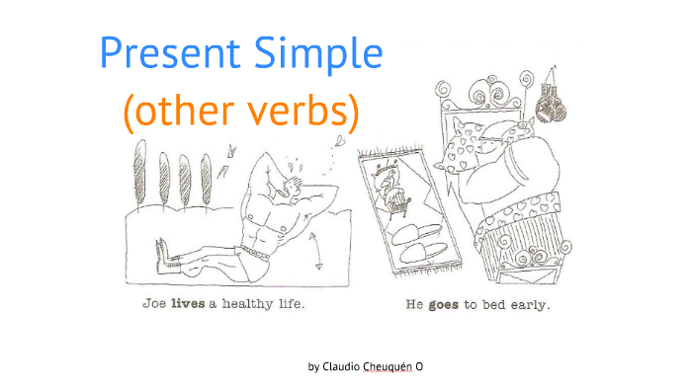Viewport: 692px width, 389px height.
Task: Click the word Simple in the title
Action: (320, 54)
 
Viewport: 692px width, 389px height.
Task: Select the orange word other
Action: (178, 115)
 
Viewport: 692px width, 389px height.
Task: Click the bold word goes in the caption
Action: (442, 305)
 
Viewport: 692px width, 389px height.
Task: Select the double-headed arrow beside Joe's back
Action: (317, 250)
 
